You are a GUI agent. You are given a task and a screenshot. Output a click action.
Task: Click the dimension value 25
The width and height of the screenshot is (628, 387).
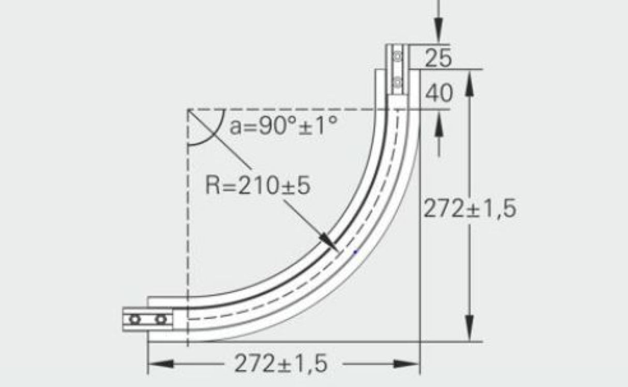click(438, 58)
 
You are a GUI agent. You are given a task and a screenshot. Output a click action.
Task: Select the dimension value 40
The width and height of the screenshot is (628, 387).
click(438, 94)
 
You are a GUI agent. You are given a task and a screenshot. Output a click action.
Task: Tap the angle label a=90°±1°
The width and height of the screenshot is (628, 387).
click(284, 126)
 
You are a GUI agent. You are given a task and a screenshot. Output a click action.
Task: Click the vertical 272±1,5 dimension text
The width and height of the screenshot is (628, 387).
click(470, 209)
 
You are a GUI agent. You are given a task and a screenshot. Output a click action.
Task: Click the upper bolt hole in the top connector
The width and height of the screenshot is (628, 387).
click(397, 56)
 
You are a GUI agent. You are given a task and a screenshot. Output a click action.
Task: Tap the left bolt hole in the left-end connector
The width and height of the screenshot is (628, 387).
click(135, 319)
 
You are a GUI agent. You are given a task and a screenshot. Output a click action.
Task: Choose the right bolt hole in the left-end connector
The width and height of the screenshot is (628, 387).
click(162, 319)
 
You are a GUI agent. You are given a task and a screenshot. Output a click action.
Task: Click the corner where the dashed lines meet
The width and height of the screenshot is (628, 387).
click(188, 110)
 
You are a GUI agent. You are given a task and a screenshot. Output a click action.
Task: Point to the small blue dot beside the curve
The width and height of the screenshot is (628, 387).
click(355, 252)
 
